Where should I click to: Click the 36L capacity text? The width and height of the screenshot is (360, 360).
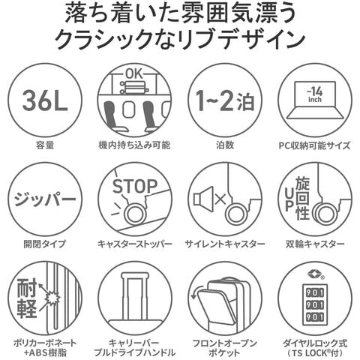coord(45,100)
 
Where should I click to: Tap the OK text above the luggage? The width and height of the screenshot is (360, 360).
coord(134,74)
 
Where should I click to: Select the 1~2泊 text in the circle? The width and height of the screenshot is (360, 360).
coord(225,100)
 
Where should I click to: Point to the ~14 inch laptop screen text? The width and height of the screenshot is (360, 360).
coord(315,95)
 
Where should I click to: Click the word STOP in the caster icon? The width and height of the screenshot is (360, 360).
coord(135,186)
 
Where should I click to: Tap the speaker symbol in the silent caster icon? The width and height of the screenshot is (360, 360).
coord(203,199)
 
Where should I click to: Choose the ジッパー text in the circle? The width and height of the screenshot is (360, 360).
coord(45,199)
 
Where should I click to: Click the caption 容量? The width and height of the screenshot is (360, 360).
coord(45,145)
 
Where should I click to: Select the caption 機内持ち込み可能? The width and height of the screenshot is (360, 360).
coord(134,145)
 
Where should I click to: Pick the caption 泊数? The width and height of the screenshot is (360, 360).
coord(225,145)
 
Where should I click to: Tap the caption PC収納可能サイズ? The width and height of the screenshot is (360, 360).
coord(314,145)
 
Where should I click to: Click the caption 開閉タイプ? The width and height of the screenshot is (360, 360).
coord(45,244)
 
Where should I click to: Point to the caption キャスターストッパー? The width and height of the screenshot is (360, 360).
coord(134,244)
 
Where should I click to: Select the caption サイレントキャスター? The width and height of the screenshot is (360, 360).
coord(225,244)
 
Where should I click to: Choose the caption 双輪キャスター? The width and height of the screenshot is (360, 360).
coord(314,244)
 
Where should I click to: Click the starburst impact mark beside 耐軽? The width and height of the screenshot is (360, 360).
coord(52,298)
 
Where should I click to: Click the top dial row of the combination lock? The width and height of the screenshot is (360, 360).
coord(315,292)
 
